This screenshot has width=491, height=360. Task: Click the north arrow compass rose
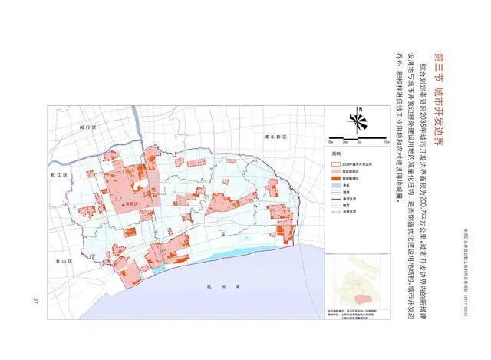pos(358,119)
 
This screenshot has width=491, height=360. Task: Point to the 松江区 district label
pos(59,176)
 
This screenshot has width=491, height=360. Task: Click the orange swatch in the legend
pos(337,177)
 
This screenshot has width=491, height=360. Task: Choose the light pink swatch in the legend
pos(337,170)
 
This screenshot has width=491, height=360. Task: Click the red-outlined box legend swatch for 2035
pos(337,163)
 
